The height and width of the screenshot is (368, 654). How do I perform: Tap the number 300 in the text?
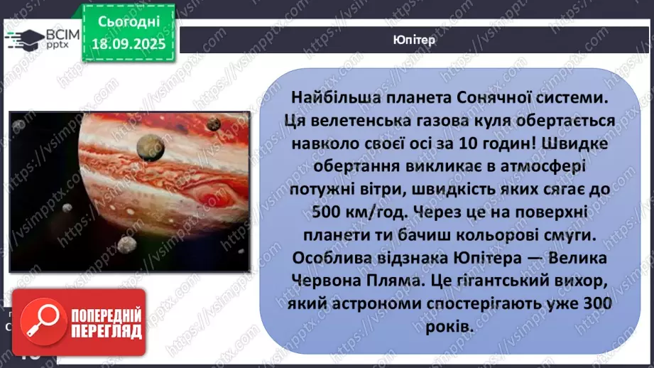(596, 303)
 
